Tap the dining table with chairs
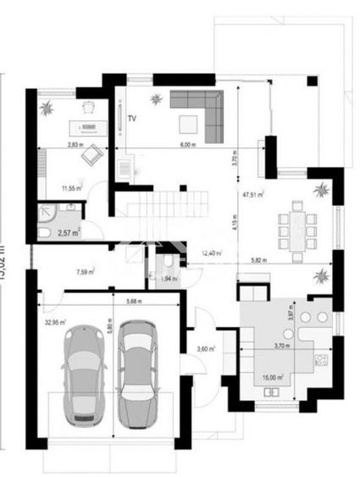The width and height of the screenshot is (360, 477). [296, 225]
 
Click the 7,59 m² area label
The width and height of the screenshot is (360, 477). [85, 273]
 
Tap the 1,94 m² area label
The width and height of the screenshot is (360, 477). [170, 279]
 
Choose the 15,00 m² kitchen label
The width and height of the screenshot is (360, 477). [271, 378]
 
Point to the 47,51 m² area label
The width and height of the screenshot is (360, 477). [252, 195]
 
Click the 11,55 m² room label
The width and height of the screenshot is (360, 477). [69, 188]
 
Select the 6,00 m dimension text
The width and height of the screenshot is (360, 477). [187, 145]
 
